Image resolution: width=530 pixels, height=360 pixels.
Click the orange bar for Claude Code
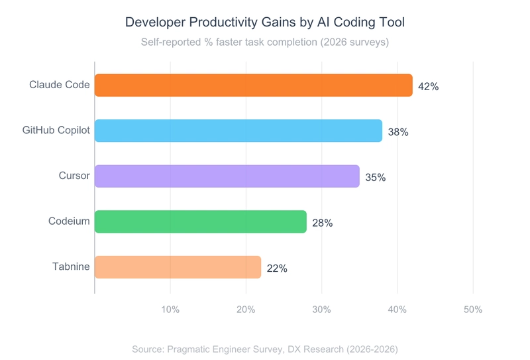(253, 86)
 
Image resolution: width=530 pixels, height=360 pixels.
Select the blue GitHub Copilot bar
(238, 131)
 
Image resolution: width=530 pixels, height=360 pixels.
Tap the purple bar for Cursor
(227, 176)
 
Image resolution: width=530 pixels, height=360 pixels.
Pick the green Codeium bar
(200, 221)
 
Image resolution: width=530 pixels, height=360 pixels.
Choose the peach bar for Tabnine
(178, 267)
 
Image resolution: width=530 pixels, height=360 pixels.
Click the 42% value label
(428, 86)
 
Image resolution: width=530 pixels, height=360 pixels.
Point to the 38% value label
(398, 132)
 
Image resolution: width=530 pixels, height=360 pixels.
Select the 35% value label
(375, 177)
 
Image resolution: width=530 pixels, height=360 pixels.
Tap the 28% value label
(322, 223)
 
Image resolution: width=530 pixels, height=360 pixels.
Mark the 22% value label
(277, 269)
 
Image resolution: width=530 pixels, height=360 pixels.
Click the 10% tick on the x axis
(170, 310)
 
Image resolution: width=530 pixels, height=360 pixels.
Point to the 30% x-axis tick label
(321, 310)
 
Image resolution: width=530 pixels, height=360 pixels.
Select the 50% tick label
(472, 310)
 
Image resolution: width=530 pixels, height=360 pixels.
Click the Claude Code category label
(59, 85)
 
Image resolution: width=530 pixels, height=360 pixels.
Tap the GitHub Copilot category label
(56, 131)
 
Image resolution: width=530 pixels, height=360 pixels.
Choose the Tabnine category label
(71, 267)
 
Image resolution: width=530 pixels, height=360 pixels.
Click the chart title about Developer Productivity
(265, 23)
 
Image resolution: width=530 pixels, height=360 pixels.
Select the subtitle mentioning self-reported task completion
(265, 42)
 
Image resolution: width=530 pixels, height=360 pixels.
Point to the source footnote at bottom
(265, 349)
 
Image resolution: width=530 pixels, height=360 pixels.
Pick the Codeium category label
(69, 221)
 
